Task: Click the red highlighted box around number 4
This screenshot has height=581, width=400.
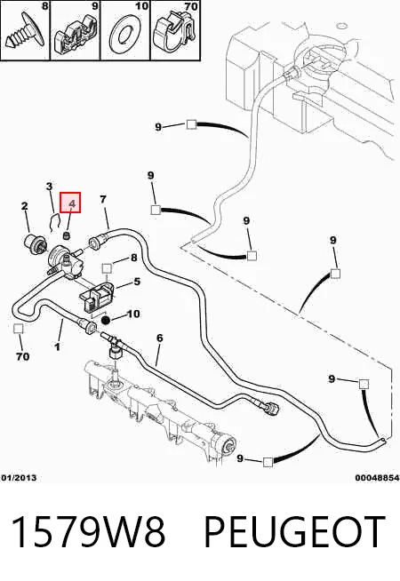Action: (x=70, y=203)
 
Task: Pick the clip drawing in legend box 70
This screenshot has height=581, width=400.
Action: (x=174, y=31)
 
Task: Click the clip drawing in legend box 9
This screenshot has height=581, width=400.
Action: (x=76, y=35)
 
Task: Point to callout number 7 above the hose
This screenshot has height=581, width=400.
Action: (x=103, y=199)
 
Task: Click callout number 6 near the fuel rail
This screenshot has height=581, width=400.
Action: (x=160, y=338)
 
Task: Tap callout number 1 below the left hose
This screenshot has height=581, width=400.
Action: (x=57, y=346)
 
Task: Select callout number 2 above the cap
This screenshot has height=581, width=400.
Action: (x=25, y=206)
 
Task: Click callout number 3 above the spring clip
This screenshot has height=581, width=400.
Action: (x=49, y=186)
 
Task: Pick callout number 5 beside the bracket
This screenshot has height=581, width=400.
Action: (x=137, y=282)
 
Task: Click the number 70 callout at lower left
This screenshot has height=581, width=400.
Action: (x=22, y=356)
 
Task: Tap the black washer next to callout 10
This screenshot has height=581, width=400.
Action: (x=106, y=320)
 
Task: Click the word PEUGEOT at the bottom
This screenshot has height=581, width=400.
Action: (x=295, y=532)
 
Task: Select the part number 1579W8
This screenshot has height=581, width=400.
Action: (x=88, y=532)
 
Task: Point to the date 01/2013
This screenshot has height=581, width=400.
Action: (x=19, y=478)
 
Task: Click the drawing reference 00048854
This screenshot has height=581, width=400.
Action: (x=377, y=478)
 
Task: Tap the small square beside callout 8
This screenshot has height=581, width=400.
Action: (x=107, y=268)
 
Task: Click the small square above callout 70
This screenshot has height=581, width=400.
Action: (x=18, y=329)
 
